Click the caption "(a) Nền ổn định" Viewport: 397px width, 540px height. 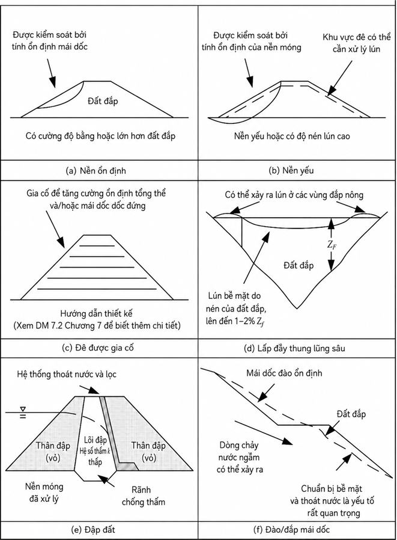tap(96, 170)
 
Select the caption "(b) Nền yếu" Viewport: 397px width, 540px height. tap(291, 170)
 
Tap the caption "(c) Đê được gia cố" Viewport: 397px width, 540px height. tap(98, 348)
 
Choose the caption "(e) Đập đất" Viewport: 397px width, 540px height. tap(95, 529)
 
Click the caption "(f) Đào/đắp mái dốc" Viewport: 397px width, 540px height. tap(291, 529)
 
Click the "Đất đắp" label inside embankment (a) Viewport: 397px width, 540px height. tap(103, 101)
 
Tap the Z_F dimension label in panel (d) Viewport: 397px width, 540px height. tap(332, 245)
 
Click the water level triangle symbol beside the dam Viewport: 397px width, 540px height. tap(23, 409)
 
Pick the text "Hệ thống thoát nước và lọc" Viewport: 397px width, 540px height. tap(67, 374)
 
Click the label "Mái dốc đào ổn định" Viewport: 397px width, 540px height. tap(284, 373)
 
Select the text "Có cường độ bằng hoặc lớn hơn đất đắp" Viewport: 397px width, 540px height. tap(100, 136)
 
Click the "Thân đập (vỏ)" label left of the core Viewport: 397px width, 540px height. tap(53, 452)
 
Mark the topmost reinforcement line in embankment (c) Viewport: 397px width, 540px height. tap(97, 246)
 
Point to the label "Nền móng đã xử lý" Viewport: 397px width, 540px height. tap(44, 492)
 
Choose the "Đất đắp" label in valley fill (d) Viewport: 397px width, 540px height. tap(299, 266)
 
